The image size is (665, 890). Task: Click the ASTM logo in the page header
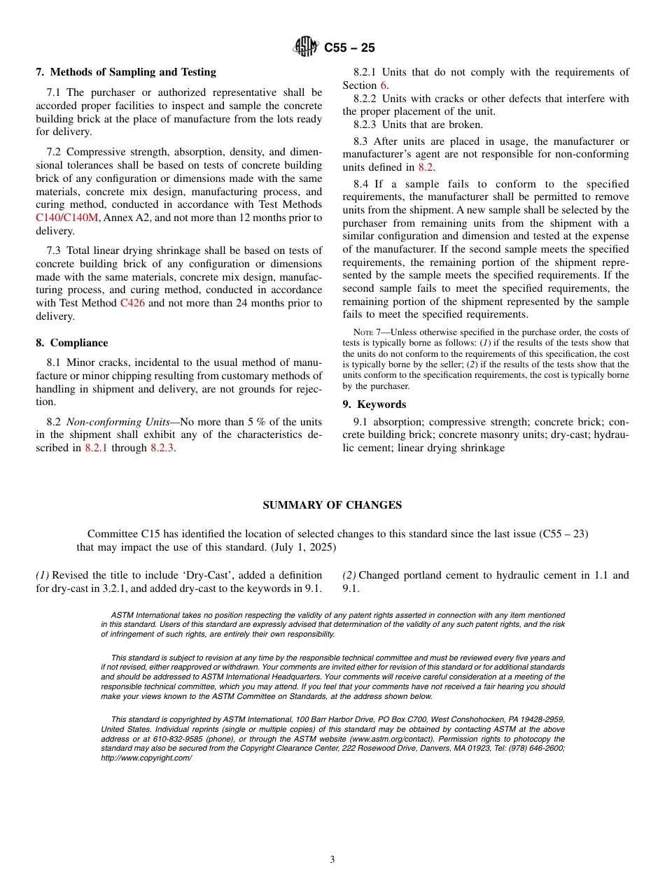click(x=306, y=47)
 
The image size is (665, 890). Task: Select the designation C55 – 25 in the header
click(x=349, y=48)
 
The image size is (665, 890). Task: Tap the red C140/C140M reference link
click(x=67, y=218)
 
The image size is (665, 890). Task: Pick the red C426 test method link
click(x=132, y=303)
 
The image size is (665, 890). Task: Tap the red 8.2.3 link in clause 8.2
click(x=162, y=448)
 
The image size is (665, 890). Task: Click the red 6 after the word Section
click(x=384, y=85)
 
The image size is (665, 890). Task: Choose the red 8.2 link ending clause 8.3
click(x=426, y=167)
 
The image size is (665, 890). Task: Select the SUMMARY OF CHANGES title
click(x=332, y=505)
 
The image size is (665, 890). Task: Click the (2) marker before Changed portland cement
click(x=349, y=575)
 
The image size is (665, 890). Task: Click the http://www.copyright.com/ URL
click(x=146, y=758)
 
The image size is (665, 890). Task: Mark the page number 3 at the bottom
click(x=332, y=859)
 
